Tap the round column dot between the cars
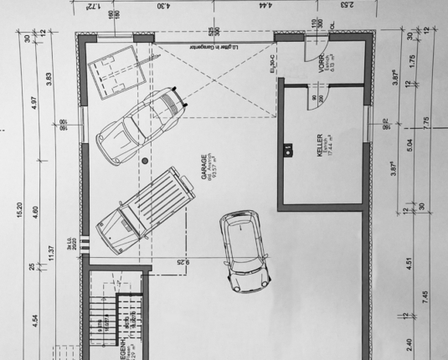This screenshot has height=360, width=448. click(145, 159)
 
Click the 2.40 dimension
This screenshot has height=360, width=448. click(409, 342)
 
